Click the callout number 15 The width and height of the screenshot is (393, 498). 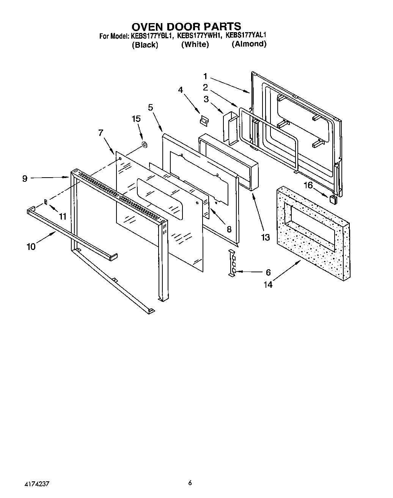click(136, 119)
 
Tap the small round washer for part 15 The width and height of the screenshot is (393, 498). click(144, 144)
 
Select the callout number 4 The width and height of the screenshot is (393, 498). click(181, 90)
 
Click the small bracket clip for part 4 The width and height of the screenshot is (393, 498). click(204, 120)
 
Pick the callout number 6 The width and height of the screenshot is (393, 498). click(268, 272)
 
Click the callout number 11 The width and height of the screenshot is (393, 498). click(63, 217)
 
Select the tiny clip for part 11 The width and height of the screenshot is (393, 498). click(46, 202)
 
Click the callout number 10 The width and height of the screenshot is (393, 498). click(31, 247)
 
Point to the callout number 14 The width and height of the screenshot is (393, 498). click(268, 285)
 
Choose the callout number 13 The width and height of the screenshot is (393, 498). click(265, 237)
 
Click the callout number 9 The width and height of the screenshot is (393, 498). click(25, 178)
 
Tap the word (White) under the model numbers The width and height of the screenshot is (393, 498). click(195, 44)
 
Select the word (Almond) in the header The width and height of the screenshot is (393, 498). click(249, 44)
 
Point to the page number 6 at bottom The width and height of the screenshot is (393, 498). click(190, 483)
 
